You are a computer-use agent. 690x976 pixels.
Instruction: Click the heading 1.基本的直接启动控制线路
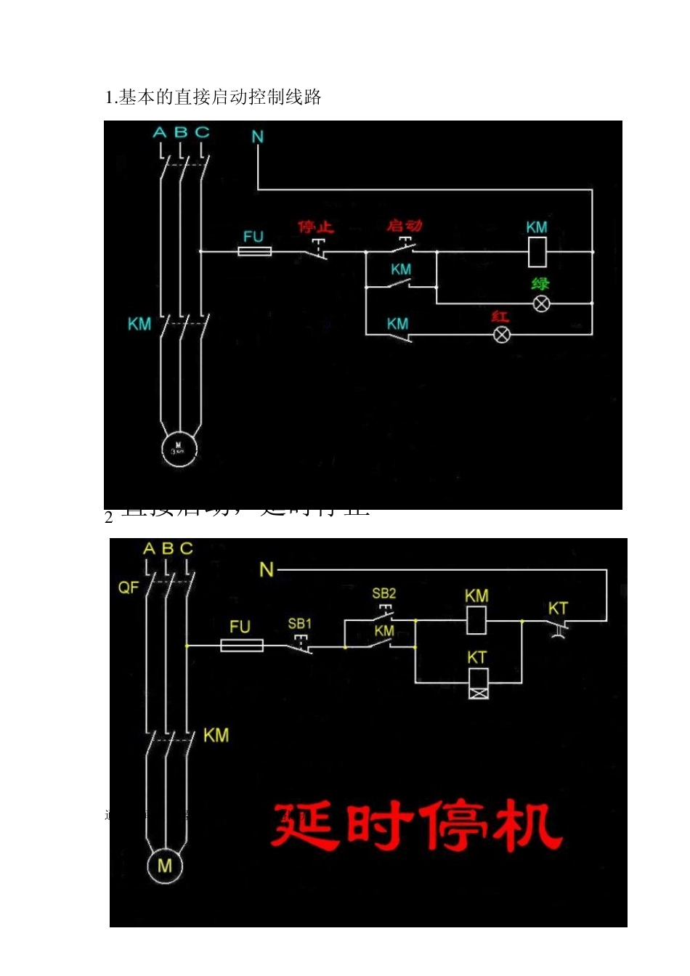[x=214, y=97]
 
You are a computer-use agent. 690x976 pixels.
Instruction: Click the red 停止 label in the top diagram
[x=315, y=227]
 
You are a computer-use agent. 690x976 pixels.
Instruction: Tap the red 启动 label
[x=404, y=226]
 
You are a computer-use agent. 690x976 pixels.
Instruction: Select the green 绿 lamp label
[x=540, y=283]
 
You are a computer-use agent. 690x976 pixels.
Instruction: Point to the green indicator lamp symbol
[x=541, y=304]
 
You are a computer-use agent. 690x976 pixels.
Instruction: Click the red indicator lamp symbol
[x=501, y=334]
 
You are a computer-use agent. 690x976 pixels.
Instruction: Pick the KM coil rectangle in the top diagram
[x=537, y=251]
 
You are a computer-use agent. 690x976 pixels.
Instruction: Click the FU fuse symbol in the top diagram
[x=255, y=251]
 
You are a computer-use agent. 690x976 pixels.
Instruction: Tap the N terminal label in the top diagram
[x=258, y=137]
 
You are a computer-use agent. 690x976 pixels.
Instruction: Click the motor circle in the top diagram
[x=179, y=446]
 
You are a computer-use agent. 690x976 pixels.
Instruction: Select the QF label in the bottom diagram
[x=128, y=587]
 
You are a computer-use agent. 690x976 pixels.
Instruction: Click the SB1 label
[x=299, y=624]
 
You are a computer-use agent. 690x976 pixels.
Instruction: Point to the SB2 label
[x=383, y=593]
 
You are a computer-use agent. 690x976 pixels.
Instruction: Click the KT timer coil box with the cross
[x=478, y=683]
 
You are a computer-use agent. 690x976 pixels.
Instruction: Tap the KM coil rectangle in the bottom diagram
[x=476, y=621]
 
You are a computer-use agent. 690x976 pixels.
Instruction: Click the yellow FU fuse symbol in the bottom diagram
[x=241, y=645]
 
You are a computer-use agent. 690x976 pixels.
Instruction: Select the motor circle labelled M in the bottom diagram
[x=165, y=865]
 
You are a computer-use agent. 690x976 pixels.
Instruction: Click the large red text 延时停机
[x=417, y=826]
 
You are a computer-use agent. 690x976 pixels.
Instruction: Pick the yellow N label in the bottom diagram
[x=267, y=570]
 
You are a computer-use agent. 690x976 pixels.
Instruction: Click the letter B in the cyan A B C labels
[x=181, y=133]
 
